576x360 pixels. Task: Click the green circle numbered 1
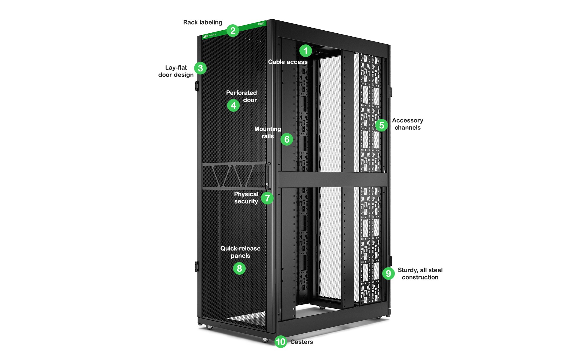pos(305,51)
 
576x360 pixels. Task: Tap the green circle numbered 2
pos(233,31)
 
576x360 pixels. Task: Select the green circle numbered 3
pos(200,68)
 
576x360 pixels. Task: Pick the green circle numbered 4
pos(233,105)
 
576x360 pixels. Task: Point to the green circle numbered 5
pos(381,125)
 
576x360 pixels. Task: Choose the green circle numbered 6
pos(287,139)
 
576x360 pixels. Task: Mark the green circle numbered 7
pos(267,198)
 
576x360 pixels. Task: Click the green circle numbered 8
pos(239,268)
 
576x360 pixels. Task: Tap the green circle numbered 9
pos(388,274)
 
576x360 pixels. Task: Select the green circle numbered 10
pos(281,342)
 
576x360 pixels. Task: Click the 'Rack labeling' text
pos(202,23)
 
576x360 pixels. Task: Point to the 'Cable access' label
pos(288,62)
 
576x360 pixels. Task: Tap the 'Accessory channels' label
pos(407,124)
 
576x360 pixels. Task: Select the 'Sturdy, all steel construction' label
pos(420,274)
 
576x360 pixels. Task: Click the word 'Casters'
pos(301,342)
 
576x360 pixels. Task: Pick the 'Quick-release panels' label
pos(240,252)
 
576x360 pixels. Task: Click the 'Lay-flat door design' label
pos(176,71)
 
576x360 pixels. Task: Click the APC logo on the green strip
pos(206,37)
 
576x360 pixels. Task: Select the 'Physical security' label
pos(246,198)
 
